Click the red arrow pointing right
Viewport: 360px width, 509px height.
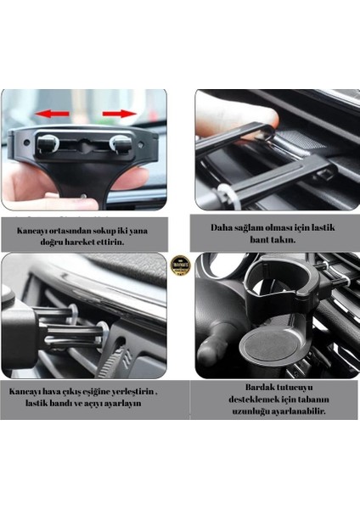pos(119,112)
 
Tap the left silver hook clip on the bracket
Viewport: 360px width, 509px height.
pos(49,143)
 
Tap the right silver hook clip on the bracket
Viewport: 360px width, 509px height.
pos(121,143)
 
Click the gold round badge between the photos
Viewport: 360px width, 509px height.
pos(179,265)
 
